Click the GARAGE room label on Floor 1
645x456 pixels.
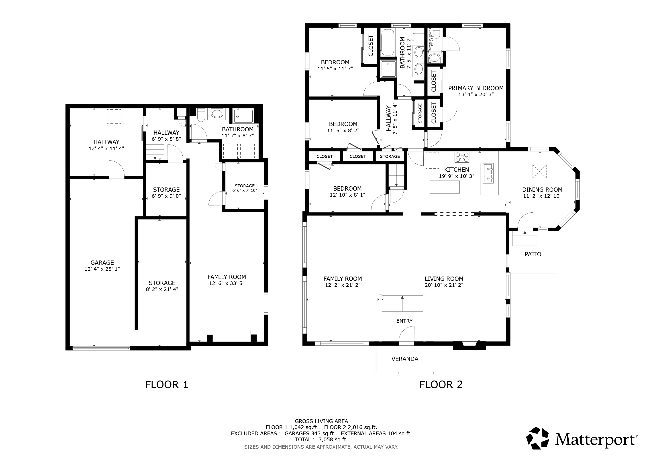(x=102, y=263)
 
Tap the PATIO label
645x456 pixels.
(x=533, y=254)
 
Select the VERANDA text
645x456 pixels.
(x=405, y=359)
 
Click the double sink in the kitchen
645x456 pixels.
(x=488, y=173)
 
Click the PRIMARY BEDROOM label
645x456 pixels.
(x=476, y=88)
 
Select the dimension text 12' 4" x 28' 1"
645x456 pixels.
(x=102, y=269)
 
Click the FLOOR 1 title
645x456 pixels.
(x=166, y=385)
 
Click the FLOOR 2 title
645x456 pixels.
(x=441, y=385)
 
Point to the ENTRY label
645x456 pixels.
(x=404, y=321)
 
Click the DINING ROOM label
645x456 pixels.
(x=542, y=190)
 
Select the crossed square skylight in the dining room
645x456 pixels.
(x=540, y=171)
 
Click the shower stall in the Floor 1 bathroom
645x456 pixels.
(x=243, y=116)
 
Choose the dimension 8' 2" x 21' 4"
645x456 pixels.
(x=162, y=289)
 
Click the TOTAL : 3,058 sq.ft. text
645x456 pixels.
(x=321, y=440)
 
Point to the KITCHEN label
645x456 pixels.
(x=457, y=170)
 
